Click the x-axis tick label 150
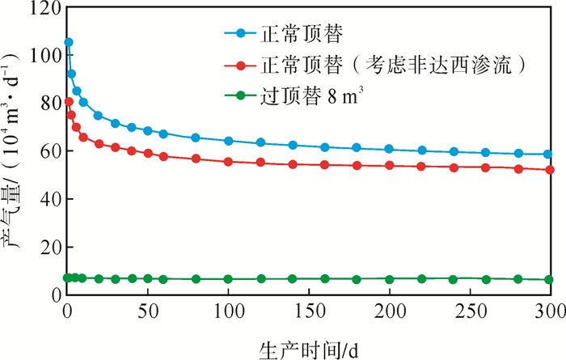[308, 313]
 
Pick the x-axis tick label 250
[469, 313]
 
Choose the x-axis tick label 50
[147, 313]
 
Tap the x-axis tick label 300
[550, 313]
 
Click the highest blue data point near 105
[69, 42]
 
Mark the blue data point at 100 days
[228, 141]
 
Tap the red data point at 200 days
[389, 165]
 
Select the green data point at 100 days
[228, 279]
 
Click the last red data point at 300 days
[549, 170]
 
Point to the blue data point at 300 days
[548, 154]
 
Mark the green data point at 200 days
[389, 279]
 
